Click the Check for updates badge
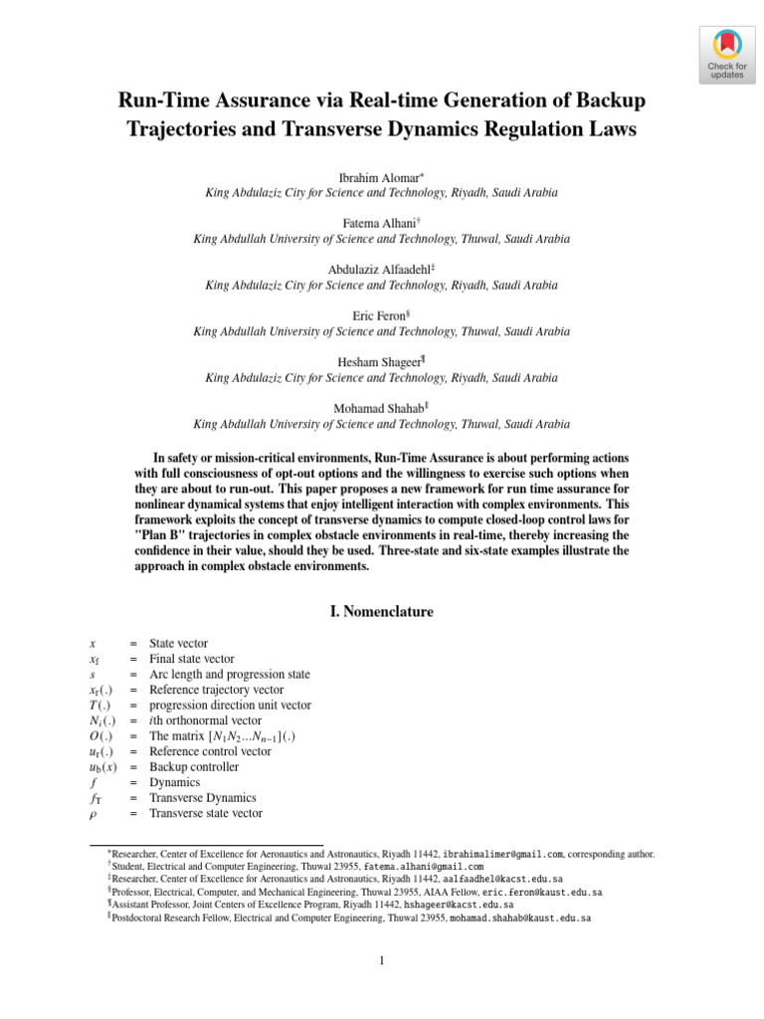726,55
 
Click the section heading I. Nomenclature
382,612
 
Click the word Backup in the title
611,101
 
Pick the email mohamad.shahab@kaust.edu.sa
520,918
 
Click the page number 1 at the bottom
382,961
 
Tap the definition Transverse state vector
206,813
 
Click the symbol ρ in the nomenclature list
93,814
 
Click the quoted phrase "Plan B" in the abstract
160,535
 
